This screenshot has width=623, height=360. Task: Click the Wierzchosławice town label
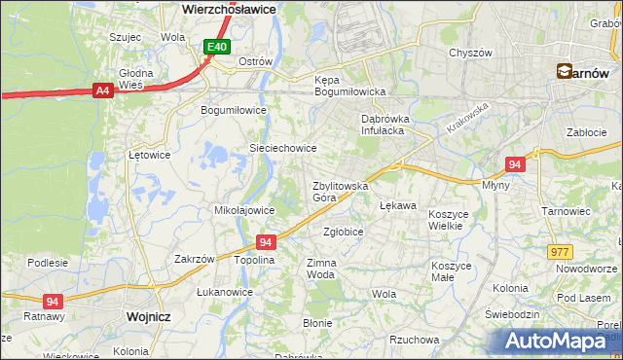click(229, 8)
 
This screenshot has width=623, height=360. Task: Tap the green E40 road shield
click(217, 46)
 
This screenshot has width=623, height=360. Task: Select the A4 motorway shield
click(102, 90)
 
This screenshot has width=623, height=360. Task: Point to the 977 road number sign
click(559, 251)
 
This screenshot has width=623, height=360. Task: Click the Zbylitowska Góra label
click(339, 191)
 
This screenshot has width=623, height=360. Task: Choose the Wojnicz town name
click(148, 316)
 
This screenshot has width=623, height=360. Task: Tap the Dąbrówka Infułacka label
click(388, 124)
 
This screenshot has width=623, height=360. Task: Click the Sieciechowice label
click(283, 148)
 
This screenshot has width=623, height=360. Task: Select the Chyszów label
click(469, 53)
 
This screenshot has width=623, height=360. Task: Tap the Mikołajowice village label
click(243, 209)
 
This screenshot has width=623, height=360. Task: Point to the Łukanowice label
click(225, 292)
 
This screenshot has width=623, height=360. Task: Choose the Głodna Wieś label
click(135, 79)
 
